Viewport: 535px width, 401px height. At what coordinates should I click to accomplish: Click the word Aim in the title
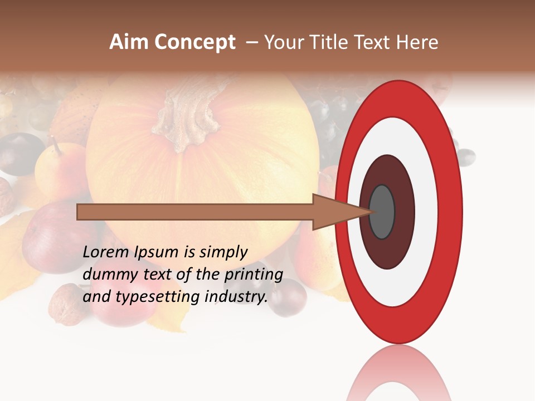129,42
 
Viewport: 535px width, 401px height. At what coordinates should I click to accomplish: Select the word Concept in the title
194,42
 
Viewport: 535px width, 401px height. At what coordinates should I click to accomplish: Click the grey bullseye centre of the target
382,212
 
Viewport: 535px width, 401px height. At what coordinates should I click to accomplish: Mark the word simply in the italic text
223,252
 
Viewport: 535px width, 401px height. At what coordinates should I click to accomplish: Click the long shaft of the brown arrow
195,212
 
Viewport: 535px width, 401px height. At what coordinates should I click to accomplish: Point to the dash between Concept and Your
252,42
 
